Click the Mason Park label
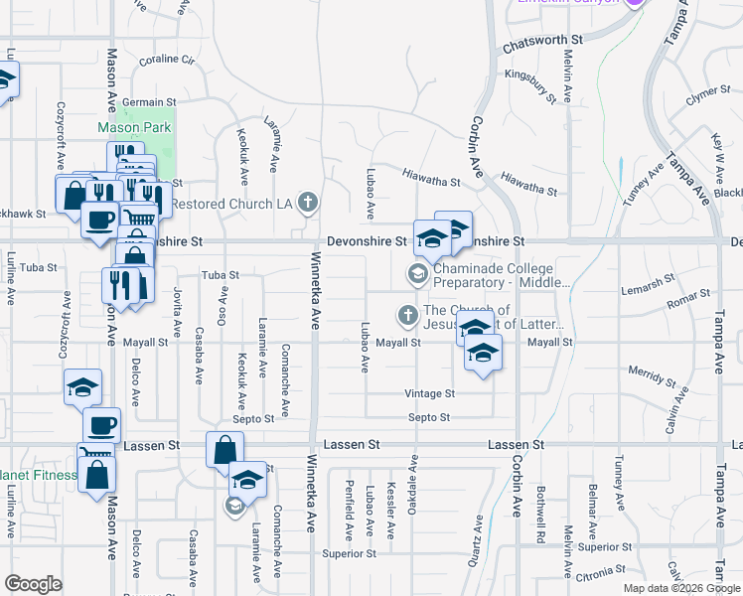point(134,128)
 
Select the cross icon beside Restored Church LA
point(308,204)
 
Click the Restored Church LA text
point(232,205)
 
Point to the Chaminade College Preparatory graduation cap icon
point(418,273)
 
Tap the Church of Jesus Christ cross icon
point(406,316)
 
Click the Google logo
point(33,584)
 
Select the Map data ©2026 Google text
point(680,588)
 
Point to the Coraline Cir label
point(166,61)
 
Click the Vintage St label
point(429,393)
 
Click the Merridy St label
point(652,373)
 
